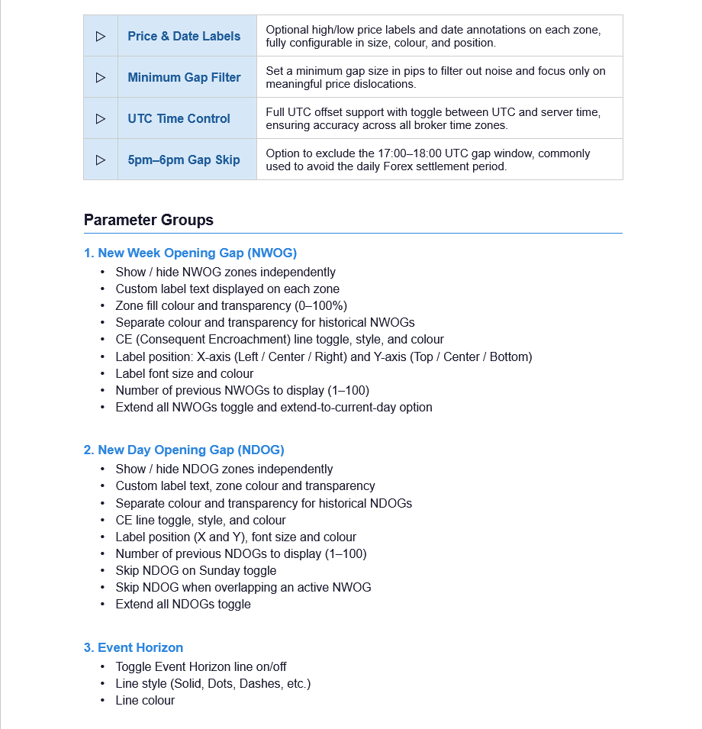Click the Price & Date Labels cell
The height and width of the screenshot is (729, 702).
[x=184, y=36]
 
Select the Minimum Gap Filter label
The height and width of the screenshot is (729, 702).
[x=184, y=77]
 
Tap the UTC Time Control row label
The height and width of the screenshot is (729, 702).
[x=179, y=118]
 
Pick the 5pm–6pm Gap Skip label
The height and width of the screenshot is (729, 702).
[x=183, y=160]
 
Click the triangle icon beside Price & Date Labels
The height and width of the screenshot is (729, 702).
[x=101, y=36]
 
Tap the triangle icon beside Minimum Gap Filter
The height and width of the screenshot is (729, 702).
[x=101, y=77]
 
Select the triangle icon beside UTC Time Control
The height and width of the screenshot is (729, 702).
[x=101, y=118]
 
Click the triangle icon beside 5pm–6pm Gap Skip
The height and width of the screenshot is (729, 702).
[x=101, y=160]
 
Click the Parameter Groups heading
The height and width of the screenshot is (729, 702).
[x=149, y=220]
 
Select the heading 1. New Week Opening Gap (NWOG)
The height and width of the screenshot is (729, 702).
[x=190, y=253]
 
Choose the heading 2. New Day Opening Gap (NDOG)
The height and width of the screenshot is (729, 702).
[x=184, y=450]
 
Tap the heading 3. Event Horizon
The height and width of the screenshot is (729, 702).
[x=134, y=647]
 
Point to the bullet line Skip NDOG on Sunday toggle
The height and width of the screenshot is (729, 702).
[x=196, y=570]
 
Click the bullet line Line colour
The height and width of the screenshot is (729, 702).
[x=145, y=700]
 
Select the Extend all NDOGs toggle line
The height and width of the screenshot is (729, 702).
[x=183, y=604]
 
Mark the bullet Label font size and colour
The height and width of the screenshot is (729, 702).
[x=185, y=373]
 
